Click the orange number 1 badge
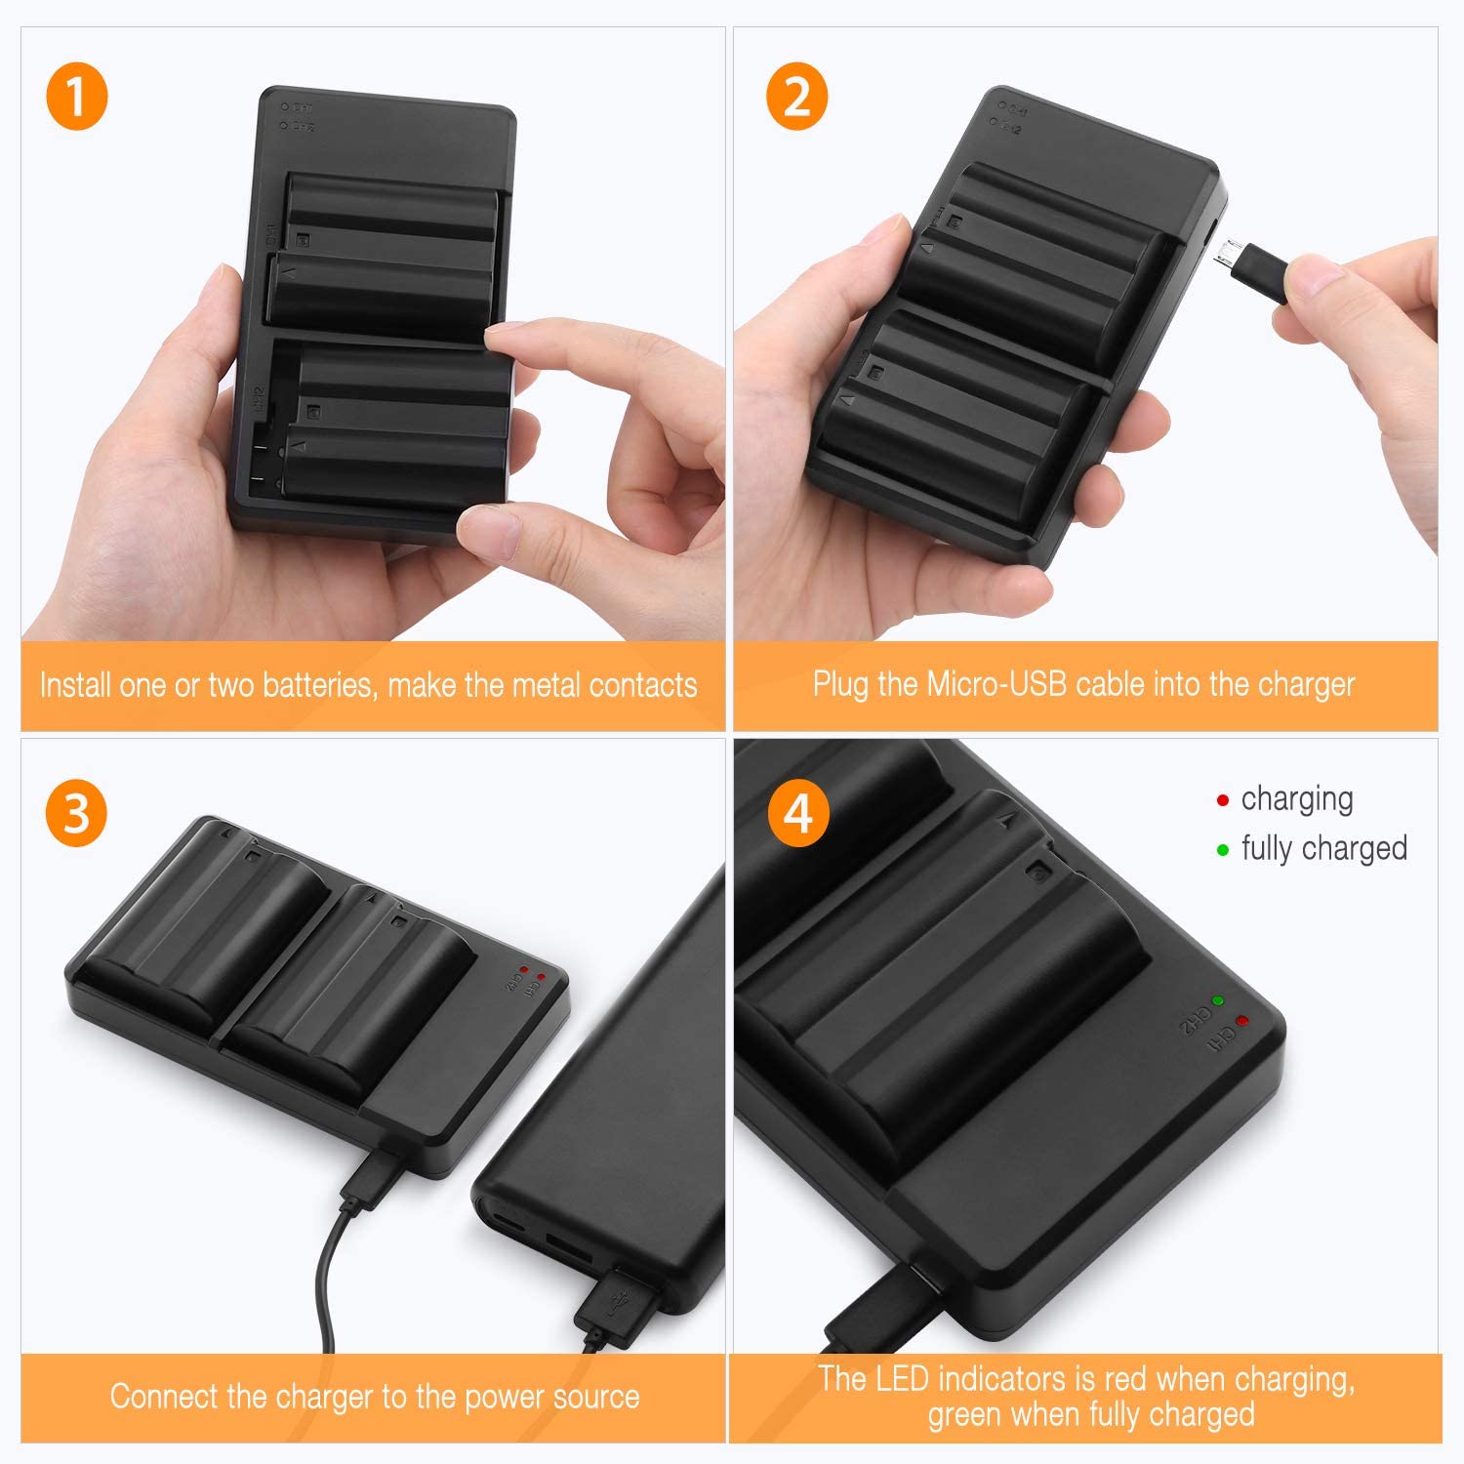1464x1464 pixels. (76, 98)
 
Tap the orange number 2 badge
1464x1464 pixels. (796, 98)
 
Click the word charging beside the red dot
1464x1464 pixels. (1296, 799)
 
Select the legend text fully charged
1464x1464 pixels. (1323, 848)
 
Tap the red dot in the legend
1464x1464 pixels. (1222, 800)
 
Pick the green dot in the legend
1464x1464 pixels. (1222, 850)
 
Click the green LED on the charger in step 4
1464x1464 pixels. (1217, 1000)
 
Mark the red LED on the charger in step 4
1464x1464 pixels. (1241, 1021)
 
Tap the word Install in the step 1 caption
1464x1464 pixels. (74, 685)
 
